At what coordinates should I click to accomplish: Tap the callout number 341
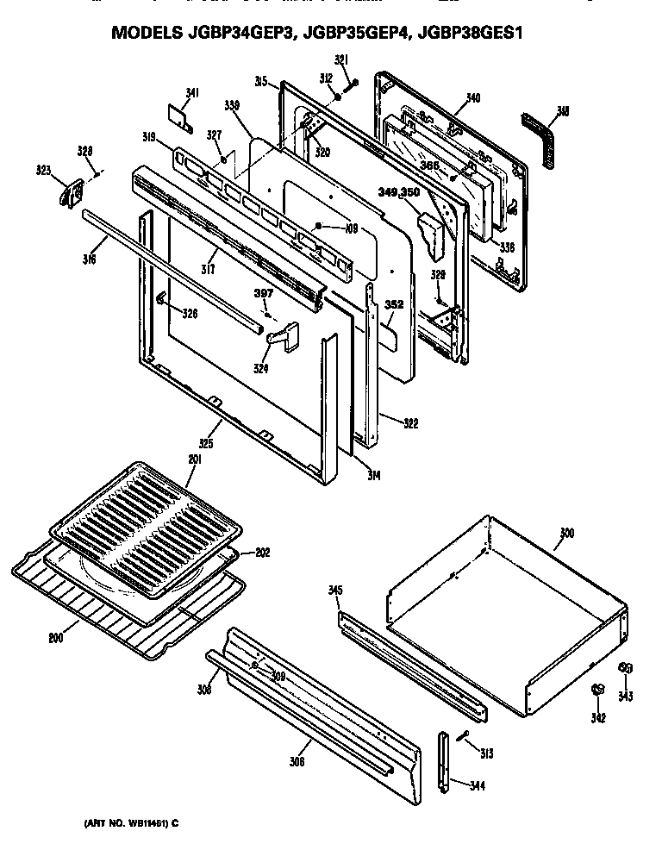pyautogui.click(x=192, y=94)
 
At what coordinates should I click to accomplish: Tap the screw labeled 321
pyautogui.click(x=350, y=84)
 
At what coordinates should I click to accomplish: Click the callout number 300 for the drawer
pyautogui.click(x=565, y=534)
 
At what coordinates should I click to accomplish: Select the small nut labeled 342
pyautogui.click(x=596, y=691)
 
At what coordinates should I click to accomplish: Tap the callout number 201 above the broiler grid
pyautogui.click(x=194, y=460)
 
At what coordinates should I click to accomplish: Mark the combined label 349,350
pyautogui.click(x=398, y=192)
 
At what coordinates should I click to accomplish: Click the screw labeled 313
pyautogui.click(x=463, y=735)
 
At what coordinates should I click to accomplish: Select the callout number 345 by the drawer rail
pyautogui.click(x=335, y=591)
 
